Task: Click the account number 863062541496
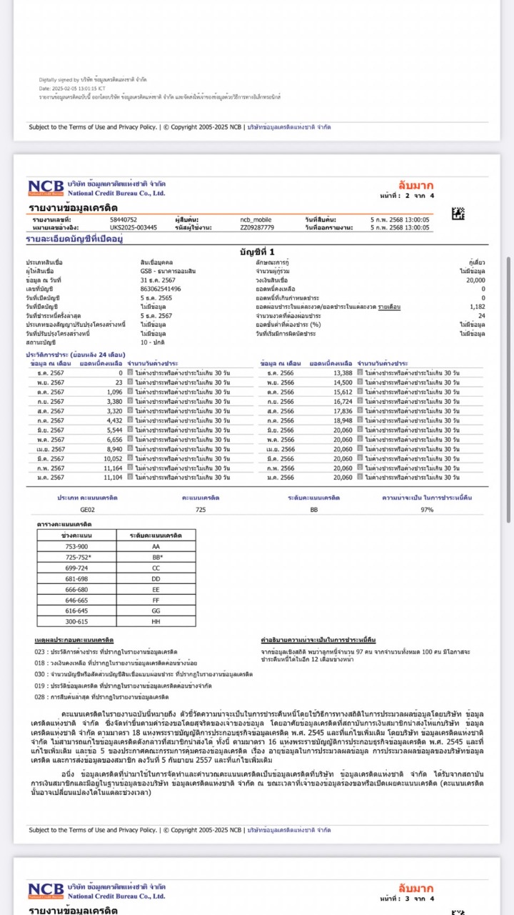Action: pyautogui.click(x=161, y=288)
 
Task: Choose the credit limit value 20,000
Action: pyautogui.click(x=473, y=280)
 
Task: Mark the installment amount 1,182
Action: pyautogui.click(x=478, y=306)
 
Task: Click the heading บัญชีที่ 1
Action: pyautogui.click(x=256, y=252)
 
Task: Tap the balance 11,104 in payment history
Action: pyautogui.click(x=112, y=477)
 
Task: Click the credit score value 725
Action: pyautogui.click(x=201, y=510)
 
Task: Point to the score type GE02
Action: pyautogui.click(x=88, y=510)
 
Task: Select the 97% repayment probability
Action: pyautogui.click(x=427, y=510)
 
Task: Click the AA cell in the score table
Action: pyautogui.click(x=156, y=545)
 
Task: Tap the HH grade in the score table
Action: pyautogui.click(x=156, y=622)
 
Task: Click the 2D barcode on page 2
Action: pyautogui.click(x=458, y=213)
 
